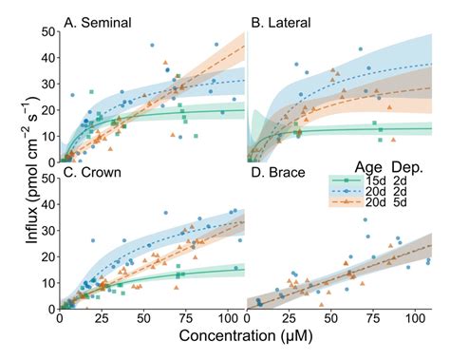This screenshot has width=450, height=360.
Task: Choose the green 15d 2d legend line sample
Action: (345, 178)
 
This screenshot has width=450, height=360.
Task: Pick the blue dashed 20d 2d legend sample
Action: (345, 190)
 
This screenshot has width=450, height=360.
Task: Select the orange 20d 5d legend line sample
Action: (345, 203)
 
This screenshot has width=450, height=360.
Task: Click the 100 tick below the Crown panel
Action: (228, 320)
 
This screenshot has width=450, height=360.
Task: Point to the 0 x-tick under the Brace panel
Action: (246, 320)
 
